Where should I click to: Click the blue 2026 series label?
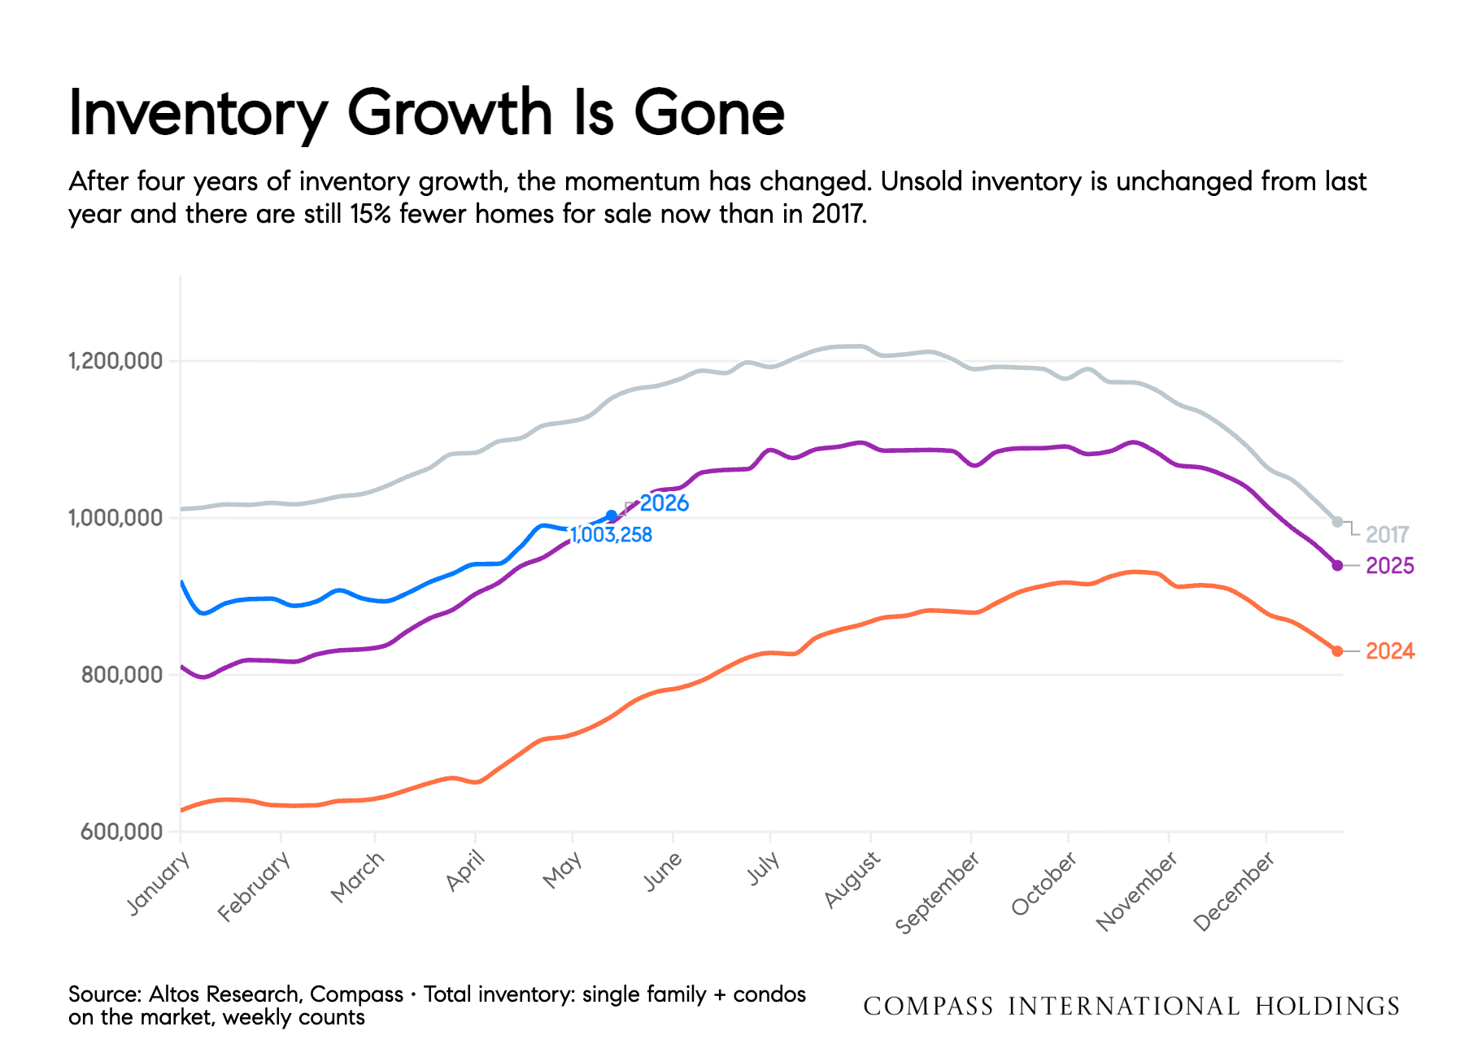(664, 503)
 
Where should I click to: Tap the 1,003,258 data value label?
(611, 535)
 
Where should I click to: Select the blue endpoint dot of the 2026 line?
(612, 515)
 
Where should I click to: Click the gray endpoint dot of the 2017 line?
(1337, 522)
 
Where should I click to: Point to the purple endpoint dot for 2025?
(1337, 565)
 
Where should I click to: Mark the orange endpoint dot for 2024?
(1337, 651)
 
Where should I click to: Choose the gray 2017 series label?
(1388, 535)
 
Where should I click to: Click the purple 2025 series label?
(1390, 566)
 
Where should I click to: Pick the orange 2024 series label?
(1390, 651)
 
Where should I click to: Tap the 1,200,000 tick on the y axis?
(115, 360)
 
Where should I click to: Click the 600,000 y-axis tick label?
(122, 832)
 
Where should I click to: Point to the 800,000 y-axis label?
(122, 674)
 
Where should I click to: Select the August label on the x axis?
(852, 880)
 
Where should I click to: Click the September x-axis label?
(937, 893)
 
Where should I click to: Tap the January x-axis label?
(159, 883)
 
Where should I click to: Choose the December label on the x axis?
(1234, 891)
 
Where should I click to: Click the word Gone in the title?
(709, 113)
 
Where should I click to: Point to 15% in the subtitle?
(371, 214)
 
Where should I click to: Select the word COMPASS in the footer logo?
(928, 1007)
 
